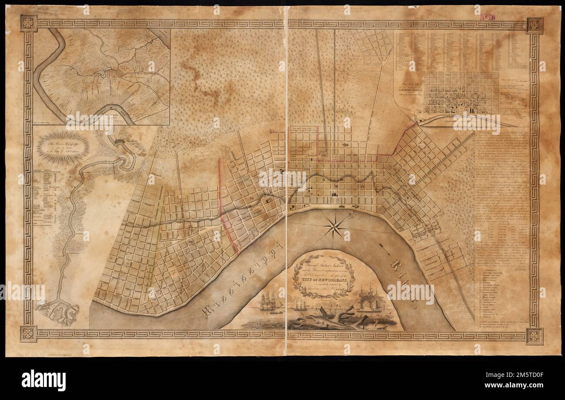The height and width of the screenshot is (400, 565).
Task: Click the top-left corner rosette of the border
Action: tap(28, 23)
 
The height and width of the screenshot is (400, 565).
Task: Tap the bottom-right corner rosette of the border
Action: tap(534, 336)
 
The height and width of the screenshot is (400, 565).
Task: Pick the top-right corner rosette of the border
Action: tap(534, 25)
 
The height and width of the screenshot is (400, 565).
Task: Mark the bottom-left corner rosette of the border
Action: tap(28, 333)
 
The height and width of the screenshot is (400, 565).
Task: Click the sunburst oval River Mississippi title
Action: tap(63, 148)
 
